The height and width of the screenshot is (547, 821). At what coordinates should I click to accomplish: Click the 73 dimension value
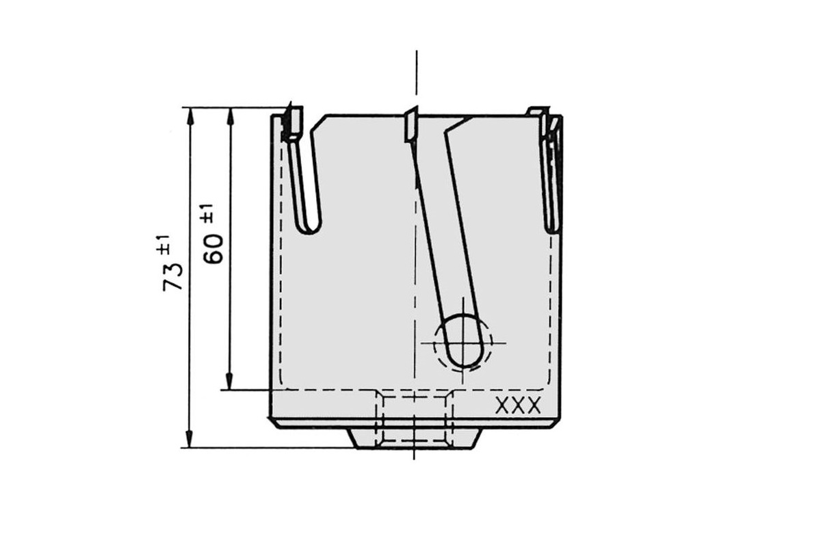pyautogui.click(x=172, y=277)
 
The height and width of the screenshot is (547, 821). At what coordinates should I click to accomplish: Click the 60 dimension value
pyautogui.click(x=213, y=249)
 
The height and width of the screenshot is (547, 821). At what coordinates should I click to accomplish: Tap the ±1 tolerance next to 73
pyautogui.click(x=164, y=245)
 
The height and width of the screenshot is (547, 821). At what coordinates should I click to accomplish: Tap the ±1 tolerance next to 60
pyautogui.click(x=207, y=213)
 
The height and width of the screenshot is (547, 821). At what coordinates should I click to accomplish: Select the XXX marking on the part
pyautogui.click(x=518, y=405)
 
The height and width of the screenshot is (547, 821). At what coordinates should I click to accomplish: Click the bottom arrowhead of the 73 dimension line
pyautogui.click(x=189, y=439)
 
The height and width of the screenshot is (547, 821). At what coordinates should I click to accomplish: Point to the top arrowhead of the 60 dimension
pyautogui.click(x=231, y=116)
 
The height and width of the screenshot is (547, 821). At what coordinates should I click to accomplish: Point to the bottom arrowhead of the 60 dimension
pyautogui.click(x=229, y=381)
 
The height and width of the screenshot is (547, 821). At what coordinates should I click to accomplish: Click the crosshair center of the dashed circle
pyautogui.click(x=463, y=343)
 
